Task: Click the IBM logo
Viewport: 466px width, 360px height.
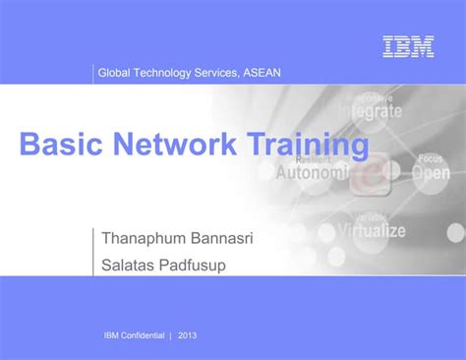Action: (408, 46)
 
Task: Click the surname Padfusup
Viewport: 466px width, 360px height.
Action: (204, 263)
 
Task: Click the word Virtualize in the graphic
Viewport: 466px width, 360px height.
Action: (372, 231)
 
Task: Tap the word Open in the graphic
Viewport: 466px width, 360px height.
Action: (431, 173)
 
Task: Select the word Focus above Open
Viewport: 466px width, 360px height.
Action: (430, 158)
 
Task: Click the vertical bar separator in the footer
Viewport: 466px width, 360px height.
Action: (170, 334)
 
